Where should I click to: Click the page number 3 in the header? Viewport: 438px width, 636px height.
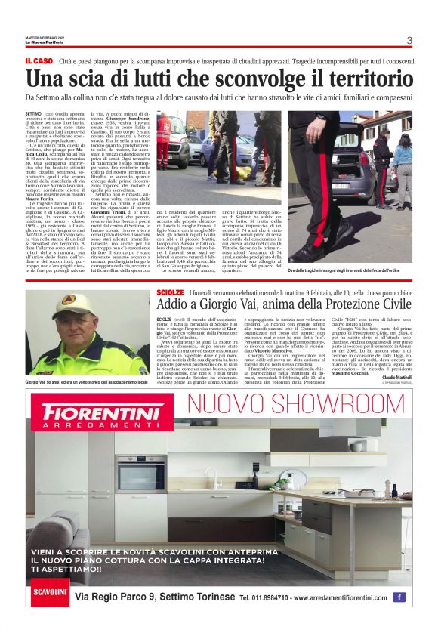pyautogui.click(x=409, y=41)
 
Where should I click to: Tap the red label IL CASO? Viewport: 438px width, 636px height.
pyautogui.click(x=39, y=60)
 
